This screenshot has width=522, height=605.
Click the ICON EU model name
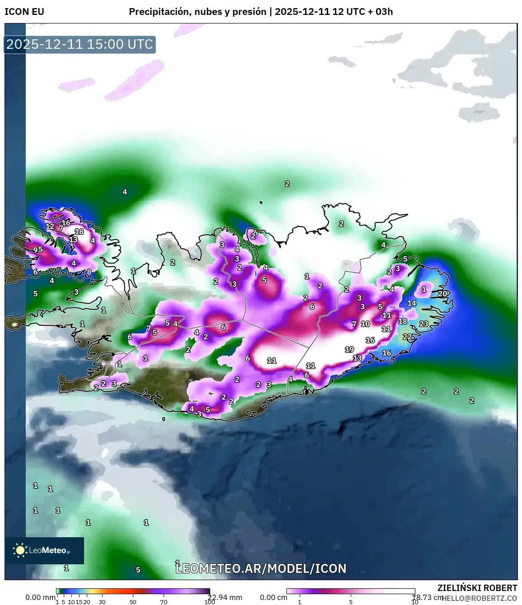pos(24,12)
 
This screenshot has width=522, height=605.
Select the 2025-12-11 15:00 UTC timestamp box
pos(80,44)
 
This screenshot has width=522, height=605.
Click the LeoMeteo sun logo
pos(20,550)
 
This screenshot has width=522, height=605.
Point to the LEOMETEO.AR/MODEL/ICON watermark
pos(261,568)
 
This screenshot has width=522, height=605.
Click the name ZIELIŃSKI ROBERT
pos(477,588)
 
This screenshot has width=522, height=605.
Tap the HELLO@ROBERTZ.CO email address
pos(480,598)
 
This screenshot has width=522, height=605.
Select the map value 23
pos(423,324)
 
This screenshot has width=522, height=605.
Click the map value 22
pos(407,337)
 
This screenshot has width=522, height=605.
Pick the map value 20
pos(442,294)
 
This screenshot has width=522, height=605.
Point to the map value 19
pos(349,349)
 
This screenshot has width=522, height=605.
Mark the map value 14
pos(411,303)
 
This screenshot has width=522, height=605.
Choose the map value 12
pos(50,226)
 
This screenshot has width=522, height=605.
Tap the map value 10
pos(365,324)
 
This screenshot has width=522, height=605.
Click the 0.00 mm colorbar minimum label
pos(40,597)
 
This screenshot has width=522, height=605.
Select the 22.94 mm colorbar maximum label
pos(225,597)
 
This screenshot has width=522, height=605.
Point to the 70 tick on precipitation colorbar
pos(164,602)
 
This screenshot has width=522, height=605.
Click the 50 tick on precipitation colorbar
pos(133,602)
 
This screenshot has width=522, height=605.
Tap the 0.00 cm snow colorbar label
pos(273,597)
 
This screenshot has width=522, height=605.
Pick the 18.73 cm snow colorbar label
pos(428,597)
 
